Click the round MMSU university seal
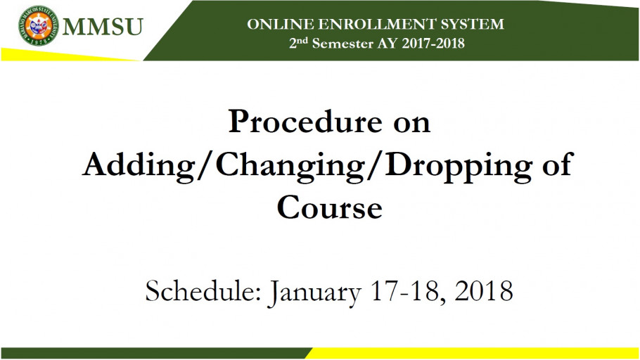tap(39, 25)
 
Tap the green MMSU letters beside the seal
tap(103, 27)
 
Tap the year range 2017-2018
tap(433, 44)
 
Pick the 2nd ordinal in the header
tap(298, 42)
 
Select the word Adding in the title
tap(139, 166)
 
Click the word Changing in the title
tap(290, 166)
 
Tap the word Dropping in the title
tap(459, 166)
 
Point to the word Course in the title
tap(329, 207)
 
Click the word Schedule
tap(203, 291)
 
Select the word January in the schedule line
tap(314, 293)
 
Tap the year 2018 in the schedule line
tap(484, 291)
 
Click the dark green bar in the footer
tap(156, 353)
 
